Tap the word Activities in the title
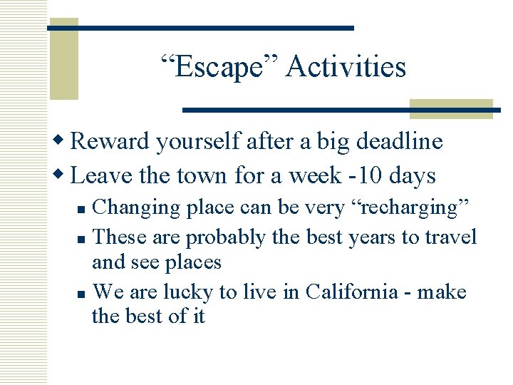click(346, 68)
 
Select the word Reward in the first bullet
click(110, 141)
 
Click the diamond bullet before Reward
click(63, 141)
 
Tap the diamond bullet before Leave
click(63, 175)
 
